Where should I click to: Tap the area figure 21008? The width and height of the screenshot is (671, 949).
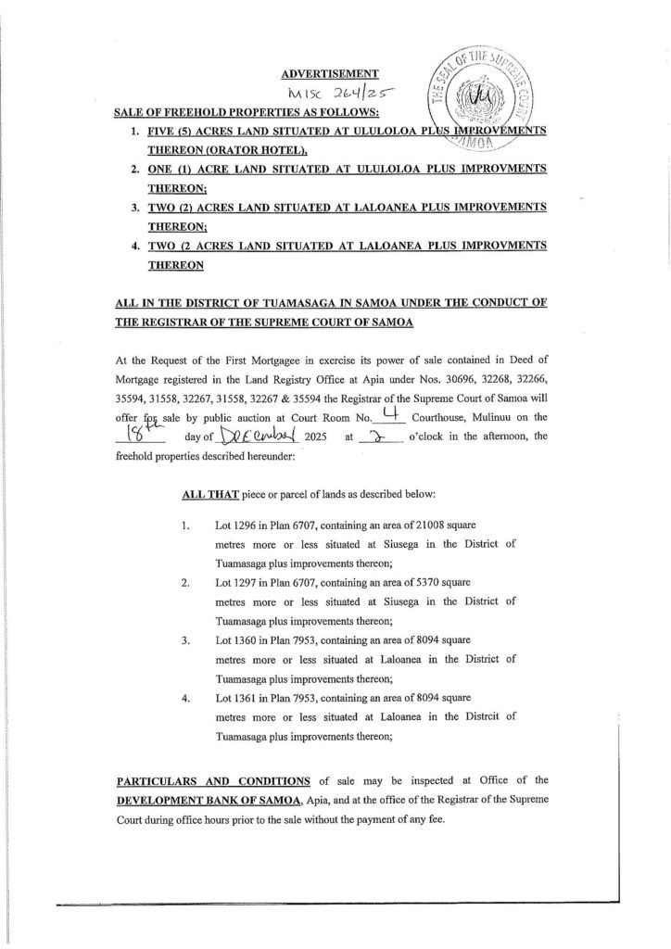444,525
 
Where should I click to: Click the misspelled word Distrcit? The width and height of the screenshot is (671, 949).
473,716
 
